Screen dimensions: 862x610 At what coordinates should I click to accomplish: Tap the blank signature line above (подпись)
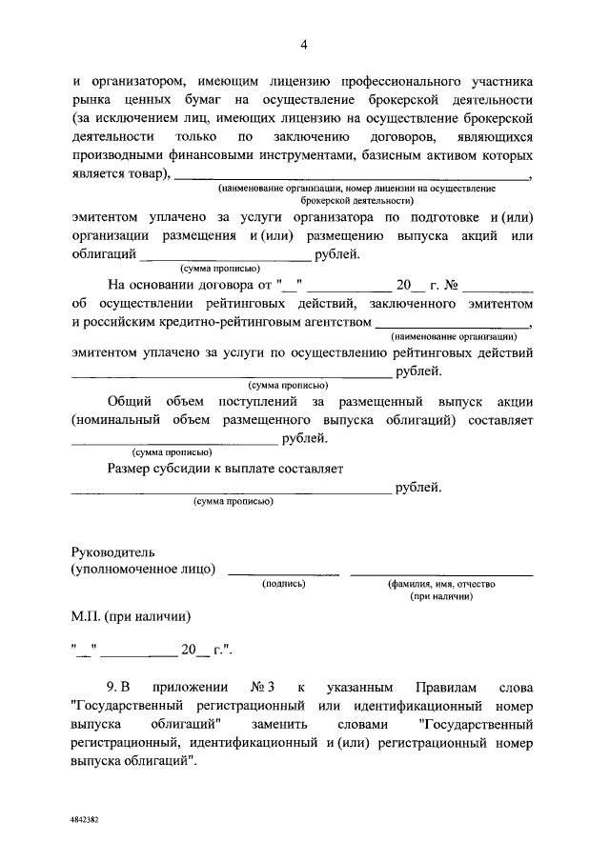tap(283, 571)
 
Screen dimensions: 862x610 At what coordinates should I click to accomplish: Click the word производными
tap(122, 154)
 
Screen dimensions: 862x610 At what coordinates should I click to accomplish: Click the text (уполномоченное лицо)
tap(143, 570)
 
